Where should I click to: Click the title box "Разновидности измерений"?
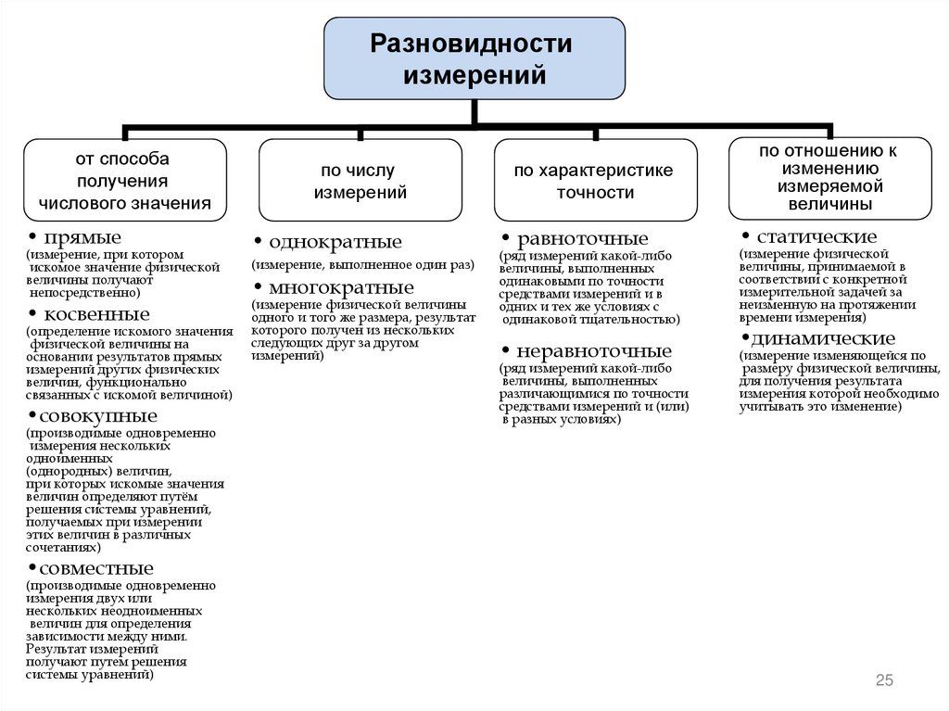pos(474,57)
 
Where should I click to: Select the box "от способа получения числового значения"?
pos(124,180)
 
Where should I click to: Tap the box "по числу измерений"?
pos(360,180)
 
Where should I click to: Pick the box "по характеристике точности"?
pos(595,180)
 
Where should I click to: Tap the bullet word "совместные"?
pos(96,568)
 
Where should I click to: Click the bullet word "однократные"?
pos(335,243)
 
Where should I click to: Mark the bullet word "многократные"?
pos(341,286)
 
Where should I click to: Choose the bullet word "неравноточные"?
pos(594,352)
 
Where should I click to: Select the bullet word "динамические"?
pos(823,338)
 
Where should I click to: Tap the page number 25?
pos(884,681)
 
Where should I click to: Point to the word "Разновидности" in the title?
pos(472,44)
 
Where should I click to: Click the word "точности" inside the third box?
pos(595,194)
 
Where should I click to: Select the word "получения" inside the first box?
pos(123,181)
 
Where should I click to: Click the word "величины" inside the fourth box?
pos(829,204)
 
